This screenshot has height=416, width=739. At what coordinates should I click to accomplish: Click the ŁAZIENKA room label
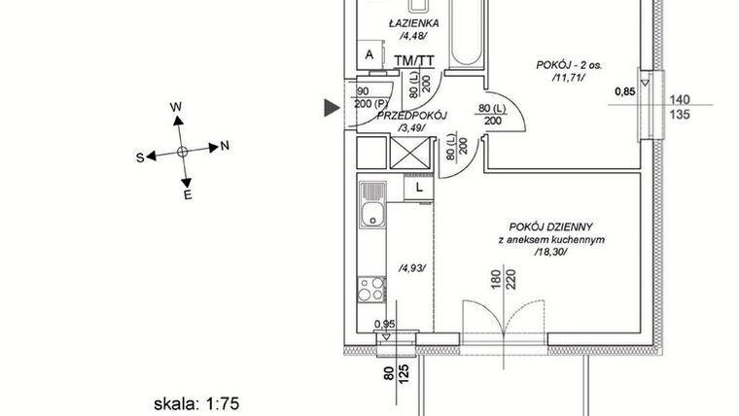click(x=412, y=23)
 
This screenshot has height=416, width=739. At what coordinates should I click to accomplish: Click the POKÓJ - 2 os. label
click(x=569, y=66)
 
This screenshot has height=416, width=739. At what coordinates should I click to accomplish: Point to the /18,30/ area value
click(x=549, y=252)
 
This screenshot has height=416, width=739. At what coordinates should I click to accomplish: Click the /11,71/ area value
click(x=569, y=79)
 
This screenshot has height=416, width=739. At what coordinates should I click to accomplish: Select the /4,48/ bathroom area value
click(x=412, y=38)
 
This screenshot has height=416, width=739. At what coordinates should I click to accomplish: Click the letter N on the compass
click(x=225, y=147)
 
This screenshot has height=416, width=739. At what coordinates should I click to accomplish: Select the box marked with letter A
click(x=369, y=55)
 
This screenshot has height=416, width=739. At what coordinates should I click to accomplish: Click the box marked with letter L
click(x=419, y=187)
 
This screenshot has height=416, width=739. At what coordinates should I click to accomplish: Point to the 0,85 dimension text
click(x=627, y=93)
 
